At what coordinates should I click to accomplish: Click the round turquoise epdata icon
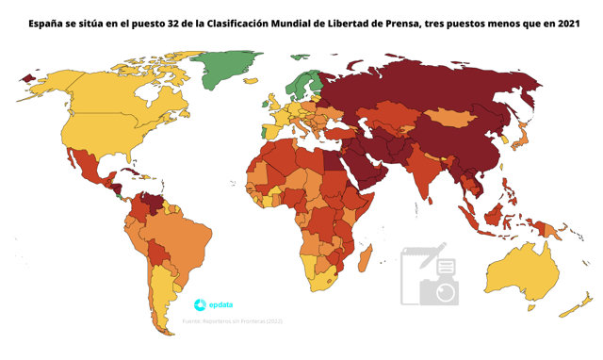(x=200, y=304)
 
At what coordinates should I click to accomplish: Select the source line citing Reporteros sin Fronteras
(x=233, y=322)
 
